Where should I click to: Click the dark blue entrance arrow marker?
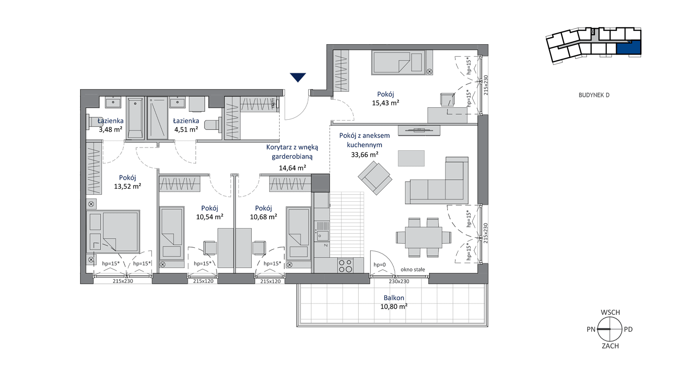tap(298, 77)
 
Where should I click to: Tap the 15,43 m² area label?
tap(386, 103)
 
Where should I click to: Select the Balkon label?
tap(394, 298)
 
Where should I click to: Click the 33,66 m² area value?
tap(365, 154)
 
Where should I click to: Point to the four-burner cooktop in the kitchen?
tap(345, 266)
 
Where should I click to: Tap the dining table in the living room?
tap(423, 237)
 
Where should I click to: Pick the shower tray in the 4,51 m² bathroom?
tap(157, 118)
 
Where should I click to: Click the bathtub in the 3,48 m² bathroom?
tap(135, 118)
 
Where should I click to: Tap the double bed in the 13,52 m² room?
tap(113, 232)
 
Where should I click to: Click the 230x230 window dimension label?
tap(399, 281)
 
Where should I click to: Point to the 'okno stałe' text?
tap(413, 269)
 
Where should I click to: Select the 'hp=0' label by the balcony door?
tap(380, 265)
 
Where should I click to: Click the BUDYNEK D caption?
tap(594, 95)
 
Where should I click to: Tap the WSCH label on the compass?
tap(610, 312)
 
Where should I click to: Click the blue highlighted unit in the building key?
tap(629, 48)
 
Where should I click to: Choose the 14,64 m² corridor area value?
tap(293, 168)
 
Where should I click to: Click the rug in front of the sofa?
tap(411, 158)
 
